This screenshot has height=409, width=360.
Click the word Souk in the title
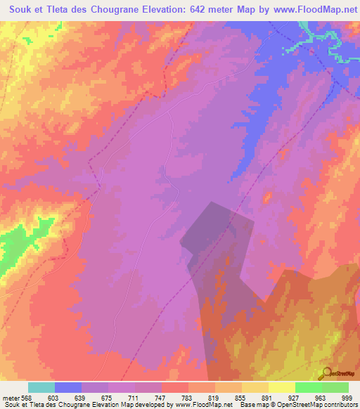click(x=17, y=9)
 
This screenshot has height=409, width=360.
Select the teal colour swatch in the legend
click(x=41, y=387)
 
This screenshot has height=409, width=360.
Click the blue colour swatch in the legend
click(x=68, y=387)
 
